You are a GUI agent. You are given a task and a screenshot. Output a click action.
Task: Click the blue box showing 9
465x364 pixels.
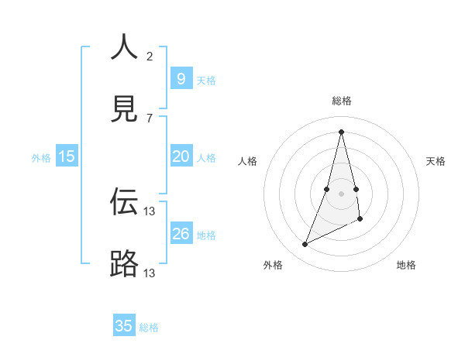[x=181, y=78]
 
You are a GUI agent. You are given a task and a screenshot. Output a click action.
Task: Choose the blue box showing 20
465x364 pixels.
[x=181, y=156]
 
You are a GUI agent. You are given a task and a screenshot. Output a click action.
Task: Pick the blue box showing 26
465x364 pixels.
[x=181, y=234]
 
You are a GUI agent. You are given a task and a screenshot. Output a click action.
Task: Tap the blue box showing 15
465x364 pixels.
[x=67, y=156]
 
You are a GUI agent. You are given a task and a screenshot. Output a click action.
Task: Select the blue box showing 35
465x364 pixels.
[x=124, y=326]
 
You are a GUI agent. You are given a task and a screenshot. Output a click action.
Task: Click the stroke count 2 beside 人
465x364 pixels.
[x=150, y=56]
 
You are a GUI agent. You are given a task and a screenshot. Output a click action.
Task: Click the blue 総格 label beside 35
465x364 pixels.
[x=149, y=328]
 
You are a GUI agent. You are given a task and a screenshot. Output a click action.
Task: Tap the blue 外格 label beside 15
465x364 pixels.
[x=41, y=158]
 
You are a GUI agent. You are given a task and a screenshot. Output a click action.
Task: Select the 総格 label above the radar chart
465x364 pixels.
[x=341, y=101]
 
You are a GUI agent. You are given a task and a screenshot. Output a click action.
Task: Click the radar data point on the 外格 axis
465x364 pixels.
[x=305, y=245]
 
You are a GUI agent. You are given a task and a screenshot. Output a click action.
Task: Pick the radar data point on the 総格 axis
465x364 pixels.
[x=341, y=132]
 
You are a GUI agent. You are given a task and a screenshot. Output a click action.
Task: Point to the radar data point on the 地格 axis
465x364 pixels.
[x=360, y=219]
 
